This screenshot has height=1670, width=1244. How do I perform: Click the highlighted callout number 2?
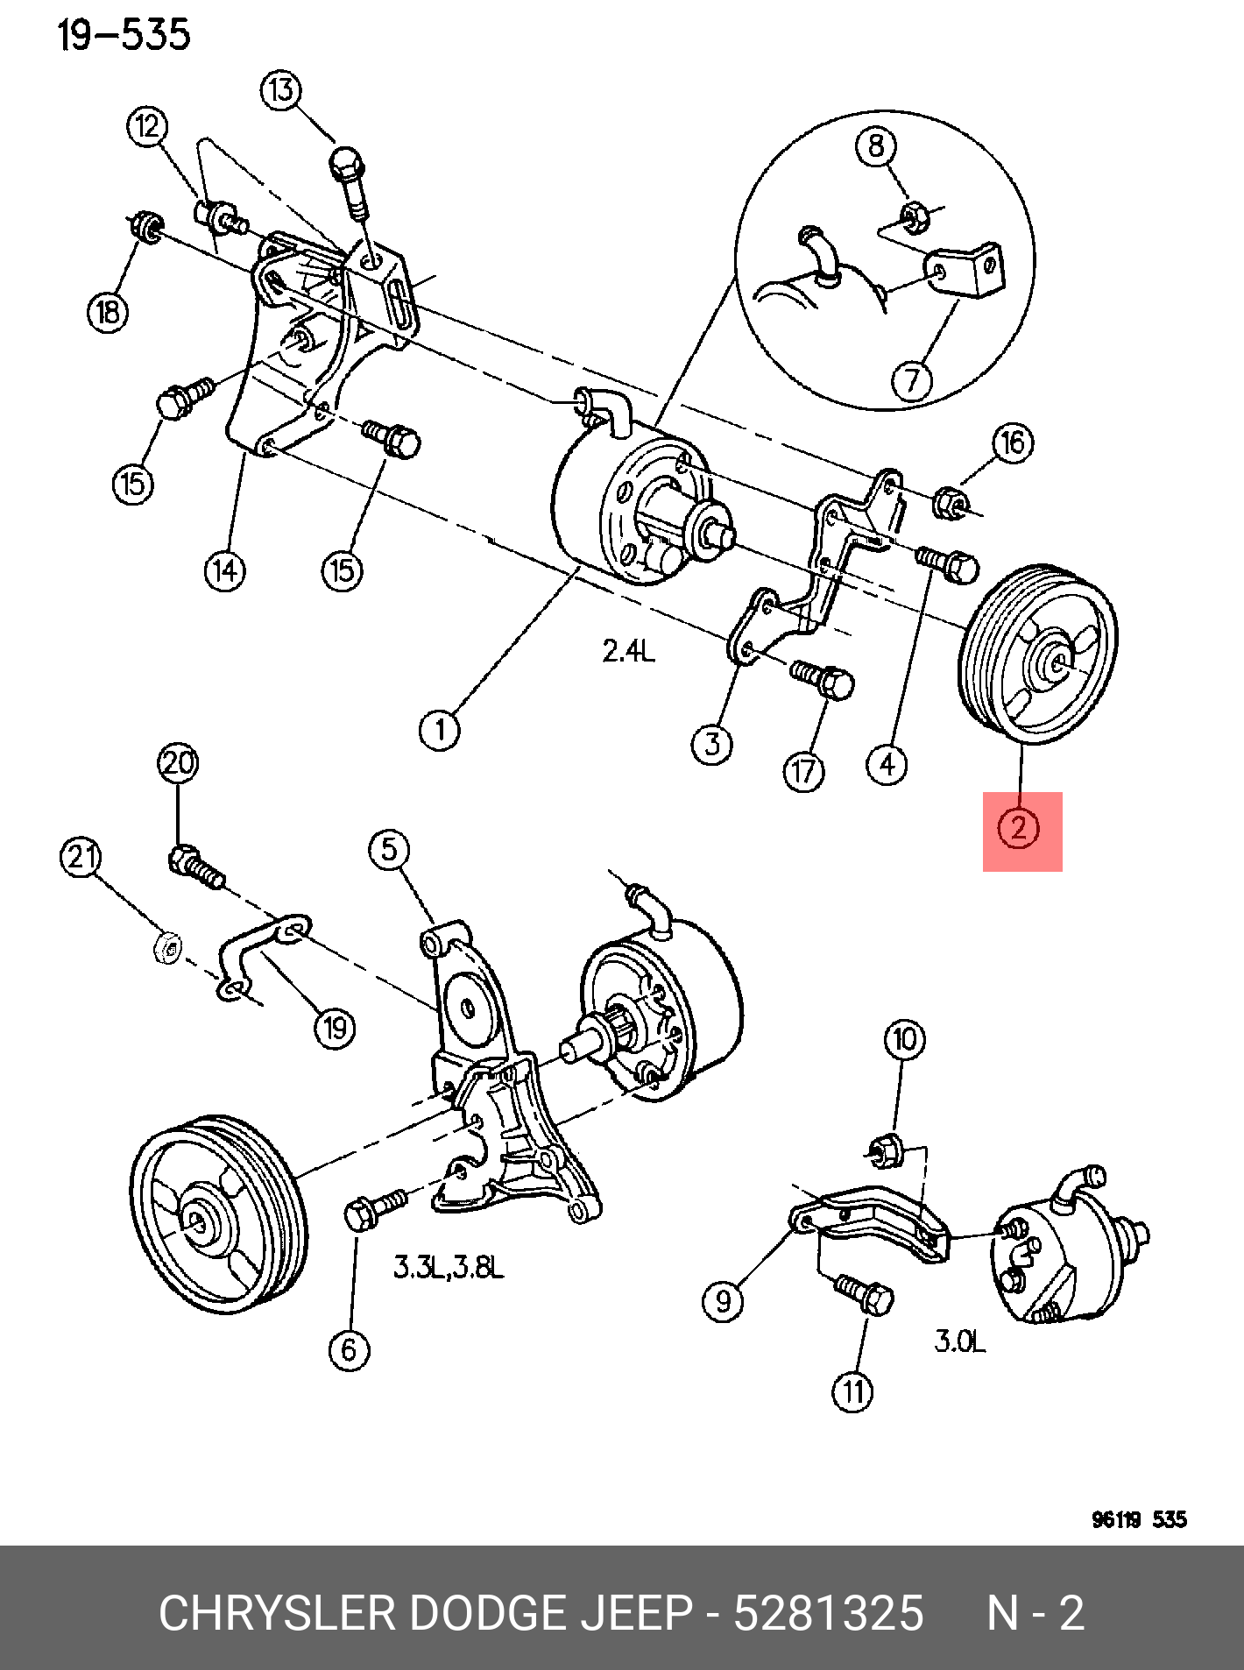[1018, 827]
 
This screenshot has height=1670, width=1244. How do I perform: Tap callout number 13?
[281, 90]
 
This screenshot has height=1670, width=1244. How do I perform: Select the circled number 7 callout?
[912, 380]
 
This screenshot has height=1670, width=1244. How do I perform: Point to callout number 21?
[81, 856]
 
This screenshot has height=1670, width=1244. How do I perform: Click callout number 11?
[853, 1391]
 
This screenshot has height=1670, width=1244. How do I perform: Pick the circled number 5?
[389, 849]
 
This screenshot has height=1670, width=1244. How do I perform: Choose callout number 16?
[1013, 443]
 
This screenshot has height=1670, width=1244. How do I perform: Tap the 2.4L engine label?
[628, 650]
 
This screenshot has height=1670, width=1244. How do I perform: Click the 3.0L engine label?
[959, 1341]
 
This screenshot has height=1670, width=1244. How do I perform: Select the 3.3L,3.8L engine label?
[449, 1267]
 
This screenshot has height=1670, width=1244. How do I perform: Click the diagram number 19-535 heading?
[124, 36]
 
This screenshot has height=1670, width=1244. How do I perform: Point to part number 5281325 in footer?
[828, 1613]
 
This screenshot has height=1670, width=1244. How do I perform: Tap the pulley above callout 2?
[1040, 655]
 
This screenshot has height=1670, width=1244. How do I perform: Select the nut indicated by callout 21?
[166, 948]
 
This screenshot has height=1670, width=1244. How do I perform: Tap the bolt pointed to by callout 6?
[372, 1209]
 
